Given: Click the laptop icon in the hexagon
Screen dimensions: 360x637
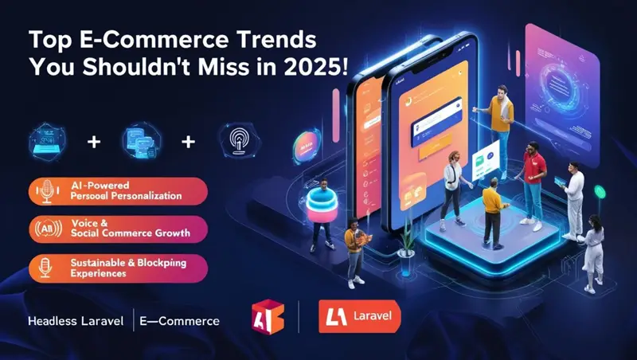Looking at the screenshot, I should click(x=49, y=143).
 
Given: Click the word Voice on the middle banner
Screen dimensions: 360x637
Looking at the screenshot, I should click(x=86, y=222).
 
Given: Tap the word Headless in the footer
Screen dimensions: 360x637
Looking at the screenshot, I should click(x=50, y=322).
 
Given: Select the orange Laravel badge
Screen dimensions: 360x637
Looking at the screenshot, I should click(x=358, y=316).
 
